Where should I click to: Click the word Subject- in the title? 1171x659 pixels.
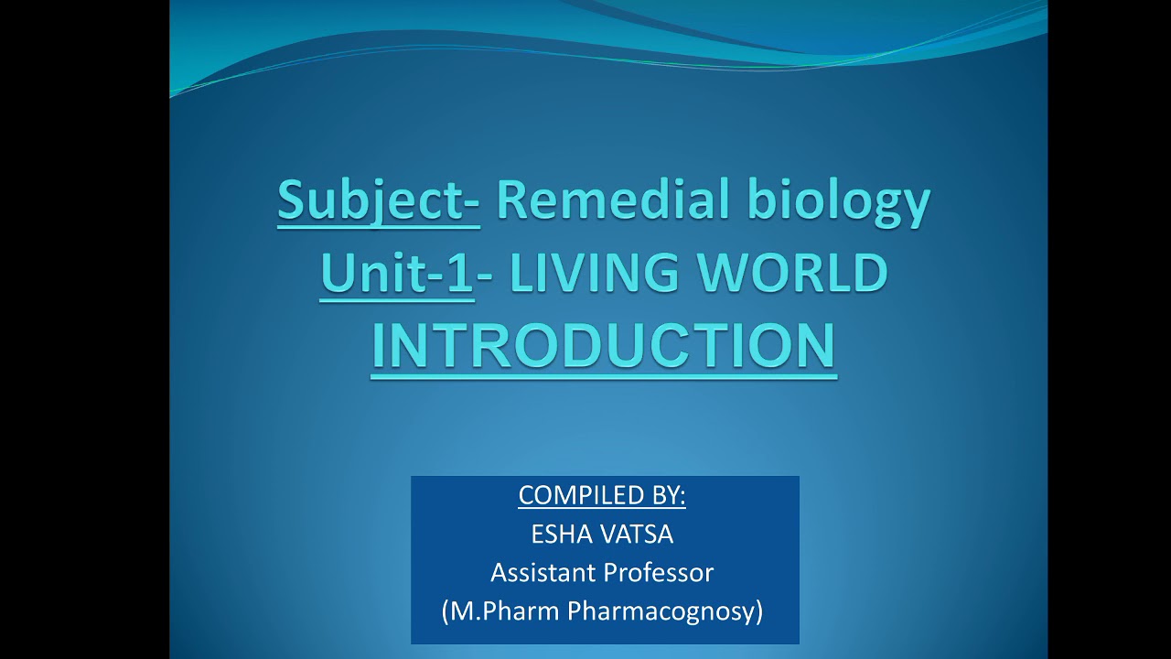coord(378,200)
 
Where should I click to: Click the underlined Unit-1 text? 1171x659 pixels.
coord(397,272)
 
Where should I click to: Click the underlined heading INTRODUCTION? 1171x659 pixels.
coord(604,345)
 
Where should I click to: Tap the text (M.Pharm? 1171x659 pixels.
coord(500,611)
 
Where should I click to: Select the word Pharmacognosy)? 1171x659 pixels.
coord(666,611)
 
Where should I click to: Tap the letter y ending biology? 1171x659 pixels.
coord(916,204)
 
